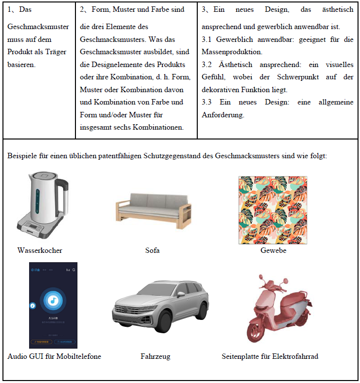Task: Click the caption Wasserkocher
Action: pyautogui.click(x=39, y=250)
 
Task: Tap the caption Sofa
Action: pyautogui.click(x=152, y=250)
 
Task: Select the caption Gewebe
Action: pyautogui.click(x=273, y=250)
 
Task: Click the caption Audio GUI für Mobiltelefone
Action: pyautogui.click(x=54, y=356)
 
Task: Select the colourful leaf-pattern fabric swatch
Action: pyautogui.click(x=273, y=209)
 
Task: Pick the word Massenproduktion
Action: pyautogui.click(x=232, y=52)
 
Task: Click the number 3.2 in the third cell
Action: pyautogui.click(x=208, y=65)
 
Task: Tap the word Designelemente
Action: pyautogui.click(x=105, y=65)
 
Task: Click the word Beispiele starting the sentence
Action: pyautogui.click(x=22, y=156)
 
